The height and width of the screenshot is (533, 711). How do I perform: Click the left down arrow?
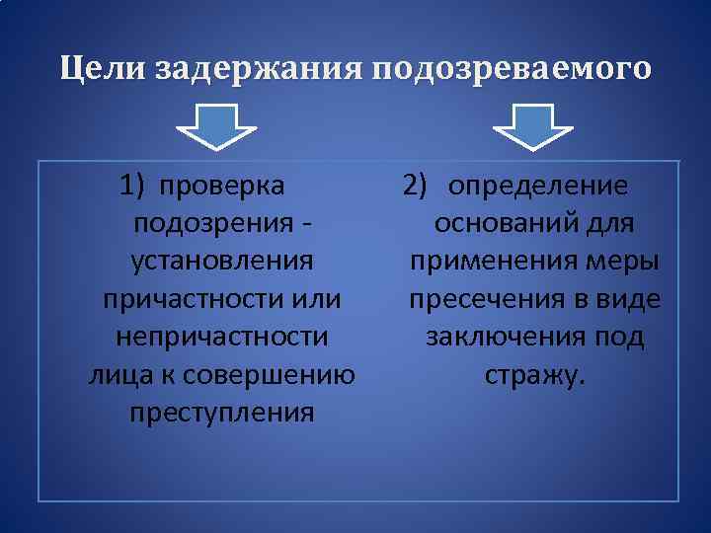tap(216, 127)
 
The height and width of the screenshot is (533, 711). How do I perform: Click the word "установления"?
tap(222, 263)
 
